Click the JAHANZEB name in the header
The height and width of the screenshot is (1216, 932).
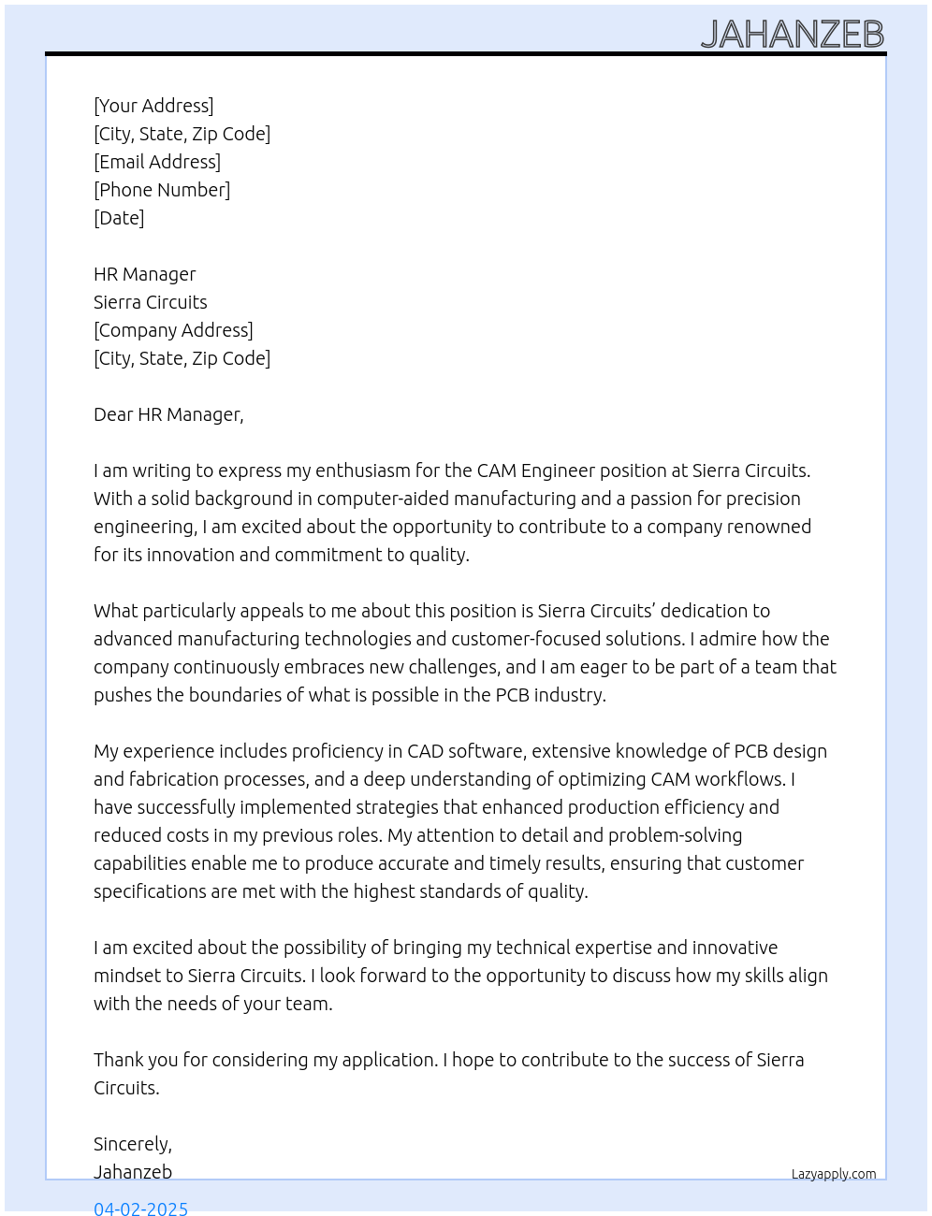[792, 35]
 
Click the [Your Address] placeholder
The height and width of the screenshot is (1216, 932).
[153, 106]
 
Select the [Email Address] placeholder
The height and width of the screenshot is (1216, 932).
[157, 162]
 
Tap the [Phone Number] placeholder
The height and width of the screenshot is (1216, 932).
[162, 190]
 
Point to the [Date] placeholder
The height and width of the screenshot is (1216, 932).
[119, 218]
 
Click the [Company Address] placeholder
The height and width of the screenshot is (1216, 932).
[173, 330]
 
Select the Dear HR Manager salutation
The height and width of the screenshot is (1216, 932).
[168, 414]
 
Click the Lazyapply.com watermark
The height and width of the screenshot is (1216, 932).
[834, 1174]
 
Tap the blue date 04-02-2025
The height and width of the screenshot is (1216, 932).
[140, 1208]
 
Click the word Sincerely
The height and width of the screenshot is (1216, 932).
[132, 1144]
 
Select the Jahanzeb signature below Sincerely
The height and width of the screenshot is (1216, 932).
[133, 1172]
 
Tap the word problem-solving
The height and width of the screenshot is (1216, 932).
[672, 835]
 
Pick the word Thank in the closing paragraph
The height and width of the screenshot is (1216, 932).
[118, 1060]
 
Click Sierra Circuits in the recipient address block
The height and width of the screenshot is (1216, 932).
[150, 302]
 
